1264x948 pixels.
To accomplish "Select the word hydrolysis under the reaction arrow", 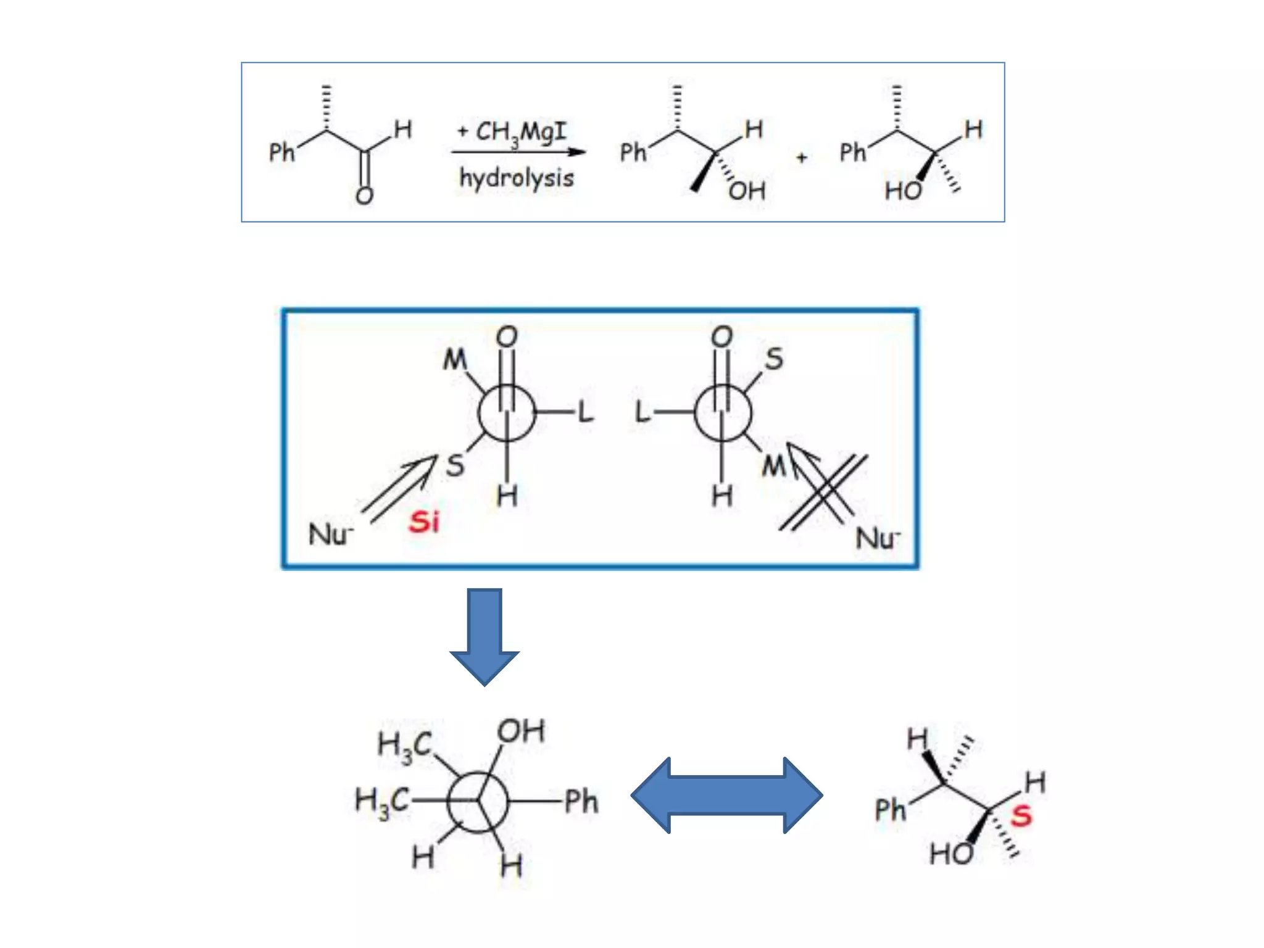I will point(517,178).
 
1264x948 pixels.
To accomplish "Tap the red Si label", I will point(424,522).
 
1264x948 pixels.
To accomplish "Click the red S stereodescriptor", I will point(1021,816).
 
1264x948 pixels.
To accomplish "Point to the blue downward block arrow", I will point(484,636).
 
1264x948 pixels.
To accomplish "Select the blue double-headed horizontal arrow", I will point(726,796).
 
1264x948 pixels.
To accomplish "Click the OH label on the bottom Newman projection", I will point(522,732).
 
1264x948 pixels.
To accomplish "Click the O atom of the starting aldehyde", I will point(365,196).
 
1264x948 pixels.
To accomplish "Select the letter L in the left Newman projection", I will point(586,412).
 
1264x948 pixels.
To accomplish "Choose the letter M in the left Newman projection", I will point(455,359).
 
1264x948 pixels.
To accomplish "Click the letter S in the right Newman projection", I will point(774,359).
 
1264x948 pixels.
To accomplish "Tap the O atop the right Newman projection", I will point(722,337).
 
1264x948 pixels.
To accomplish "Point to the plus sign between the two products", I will point(802,158).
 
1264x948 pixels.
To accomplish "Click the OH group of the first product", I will point(747,191).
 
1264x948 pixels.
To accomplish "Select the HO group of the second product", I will point(903,191).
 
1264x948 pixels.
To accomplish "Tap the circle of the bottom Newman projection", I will point(478,802).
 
